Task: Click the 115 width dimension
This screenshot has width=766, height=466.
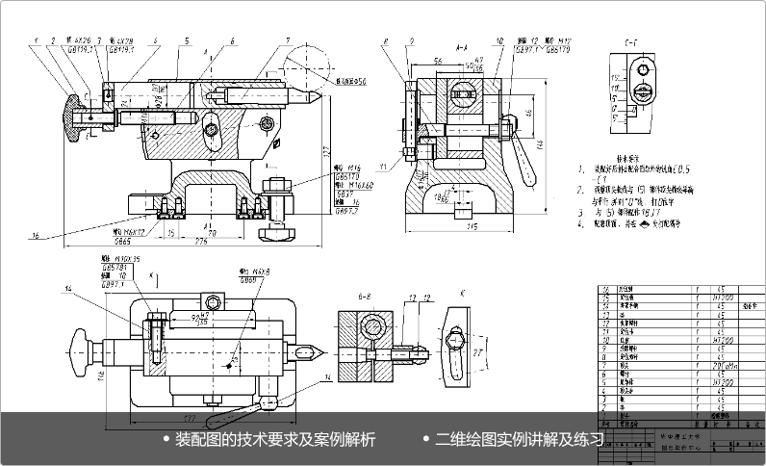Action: point(472,226)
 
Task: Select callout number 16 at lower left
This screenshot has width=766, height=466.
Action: point(37,235)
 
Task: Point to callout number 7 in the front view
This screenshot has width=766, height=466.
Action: point(288,40)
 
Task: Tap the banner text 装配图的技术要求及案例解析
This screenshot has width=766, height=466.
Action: point(274,440)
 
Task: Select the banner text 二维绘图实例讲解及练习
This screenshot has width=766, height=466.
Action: point(520,440)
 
